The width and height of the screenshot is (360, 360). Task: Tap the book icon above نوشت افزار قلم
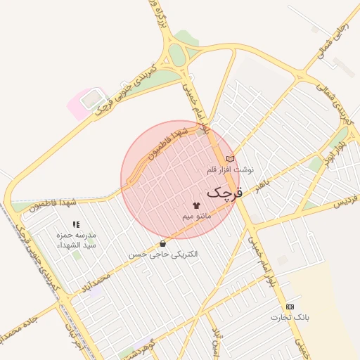(230, 159)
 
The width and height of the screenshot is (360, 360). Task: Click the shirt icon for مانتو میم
(195, 205)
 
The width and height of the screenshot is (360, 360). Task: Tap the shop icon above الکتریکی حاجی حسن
(164, 243)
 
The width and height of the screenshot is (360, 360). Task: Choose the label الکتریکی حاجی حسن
(163, 254)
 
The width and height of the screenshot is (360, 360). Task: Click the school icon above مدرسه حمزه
(77, 224)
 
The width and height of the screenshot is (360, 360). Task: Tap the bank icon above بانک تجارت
(290, 307)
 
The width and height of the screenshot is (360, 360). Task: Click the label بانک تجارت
(290, 319)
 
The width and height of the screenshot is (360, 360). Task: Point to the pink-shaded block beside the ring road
(85, 103)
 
